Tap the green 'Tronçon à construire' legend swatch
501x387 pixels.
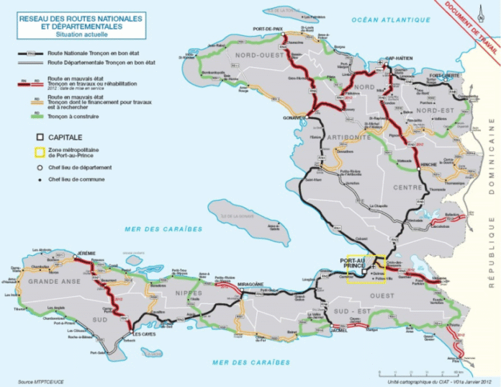coord(30,116)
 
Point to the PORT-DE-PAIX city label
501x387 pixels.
coord(266,28)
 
